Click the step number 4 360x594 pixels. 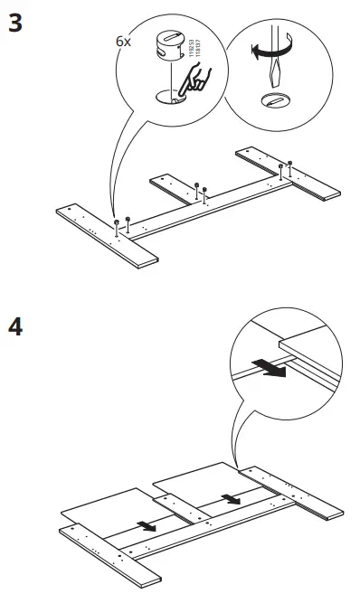pos(15,326)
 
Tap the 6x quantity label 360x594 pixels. pos(123,42)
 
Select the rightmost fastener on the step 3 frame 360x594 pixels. pos(290,164)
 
